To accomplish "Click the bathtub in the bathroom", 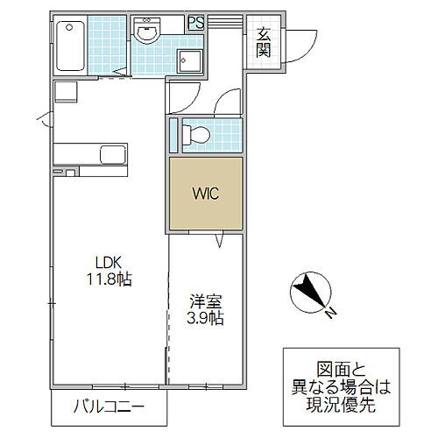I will click(x=68, y=47).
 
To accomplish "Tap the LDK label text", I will click(x=109, y=262).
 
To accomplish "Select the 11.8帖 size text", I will click(x=109, y=279).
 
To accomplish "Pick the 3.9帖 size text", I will click(x=205, y=320).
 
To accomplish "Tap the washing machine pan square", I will click(x=188, y=61).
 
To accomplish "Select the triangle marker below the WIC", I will click(x=220, y=239).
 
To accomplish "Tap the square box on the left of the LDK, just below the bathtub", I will click(x=64, y=91).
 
